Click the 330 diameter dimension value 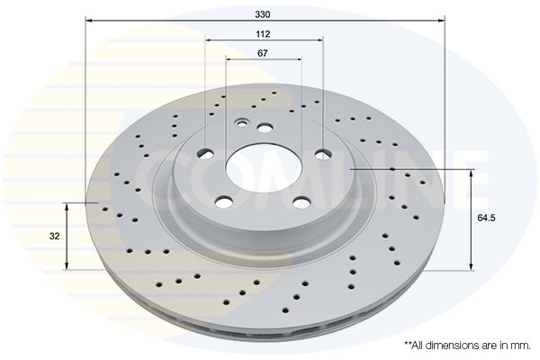263,14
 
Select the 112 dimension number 263,34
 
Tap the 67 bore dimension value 263,53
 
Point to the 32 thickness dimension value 54,237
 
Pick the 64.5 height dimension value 486,218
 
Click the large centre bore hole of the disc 264,169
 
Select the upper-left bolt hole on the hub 205,154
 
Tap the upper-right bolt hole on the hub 323,155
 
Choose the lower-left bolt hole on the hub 224,202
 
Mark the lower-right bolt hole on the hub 302,202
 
